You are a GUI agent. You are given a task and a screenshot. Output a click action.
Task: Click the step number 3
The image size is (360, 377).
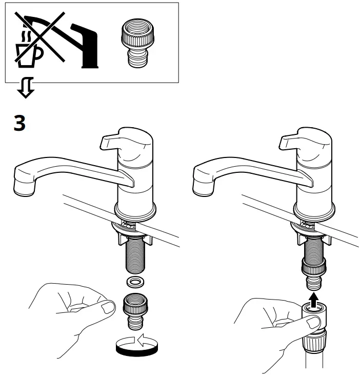pos(18,123)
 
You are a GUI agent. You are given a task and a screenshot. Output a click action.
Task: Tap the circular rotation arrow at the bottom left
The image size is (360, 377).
pos(136,344)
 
